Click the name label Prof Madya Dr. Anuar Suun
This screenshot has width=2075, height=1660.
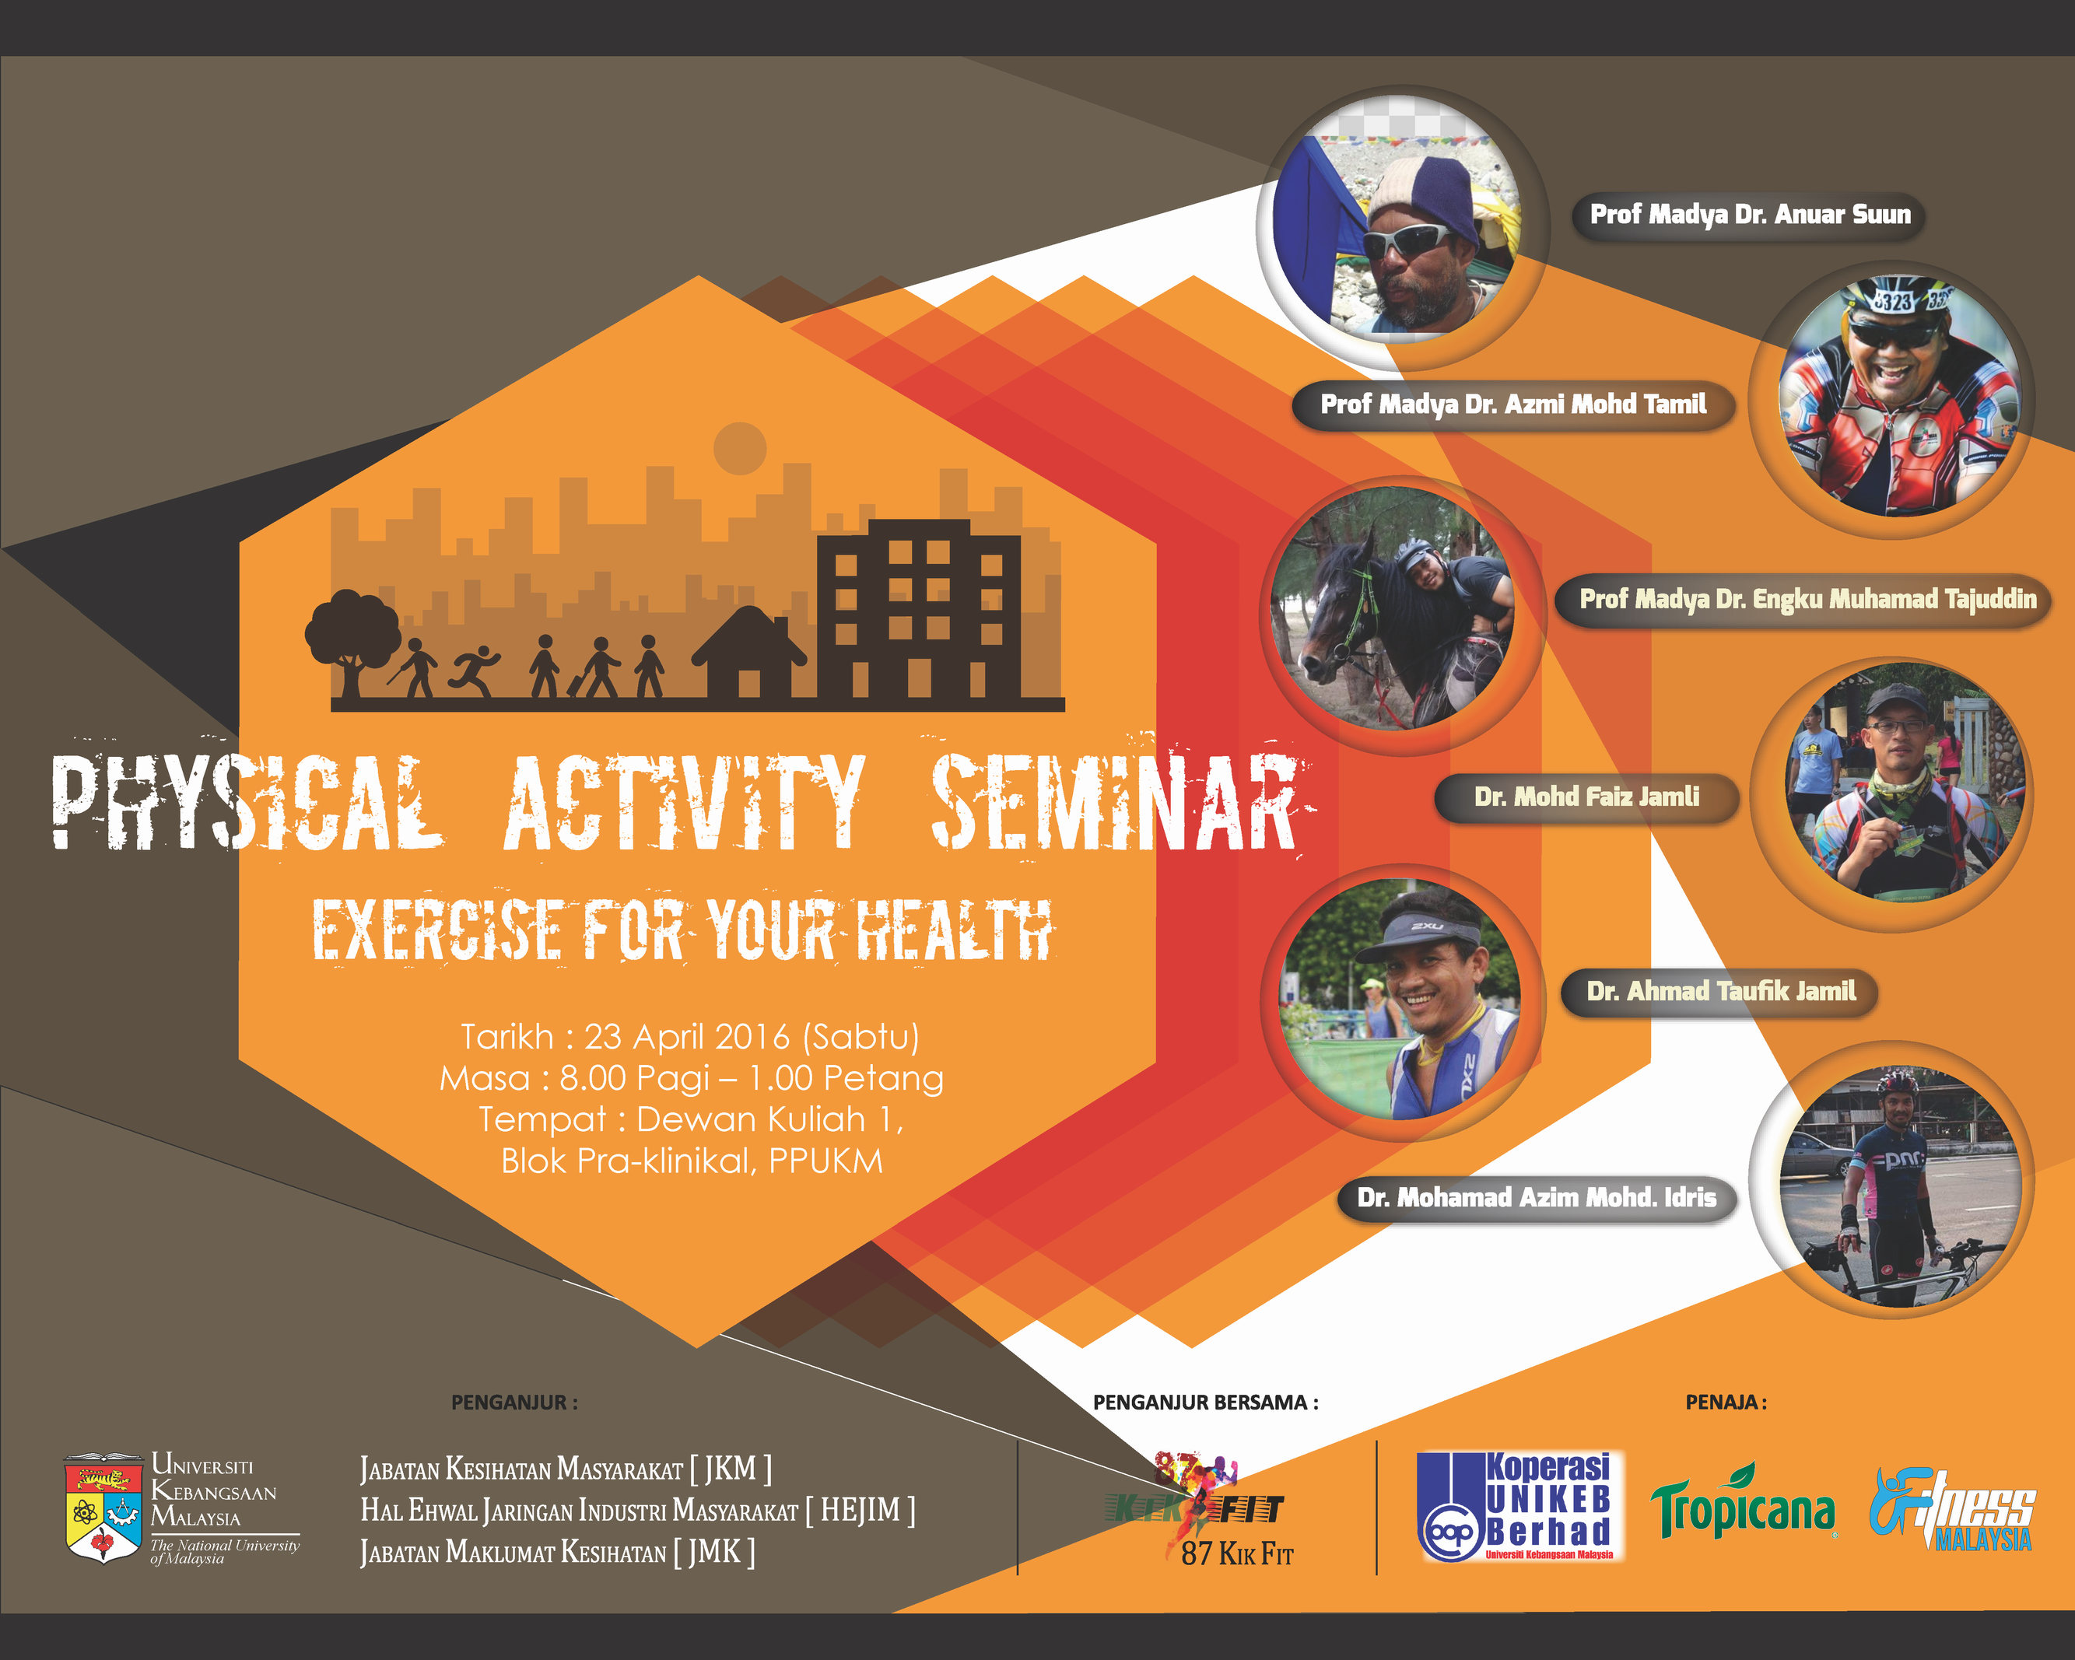coord(1749,215)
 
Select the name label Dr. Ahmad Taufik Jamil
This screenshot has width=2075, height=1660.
coord(1720,992)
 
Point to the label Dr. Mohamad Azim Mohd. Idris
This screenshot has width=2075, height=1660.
coord(1537,1198)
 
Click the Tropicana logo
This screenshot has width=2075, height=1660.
coord(1742,1506)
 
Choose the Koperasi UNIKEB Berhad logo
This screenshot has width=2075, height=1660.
coord(1519,1506)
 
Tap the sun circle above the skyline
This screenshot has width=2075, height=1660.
coord(739,447)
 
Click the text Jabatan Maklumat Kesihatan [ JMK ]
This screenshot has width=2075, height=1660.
coord(557,1552)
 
